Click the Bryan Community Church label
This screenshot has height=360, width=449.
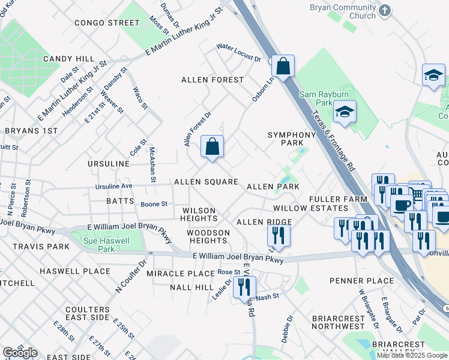click(342, 11)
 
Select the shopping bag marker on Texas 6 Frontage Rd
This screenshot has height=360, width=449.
click(283, 65)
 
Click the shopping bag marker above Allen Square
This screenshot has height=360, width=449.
click(212, 146)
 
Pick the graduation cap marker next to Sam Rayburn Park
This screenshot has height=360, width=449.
click(345, 112)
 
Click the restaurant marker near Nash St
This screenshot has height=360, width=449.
click(244, 287)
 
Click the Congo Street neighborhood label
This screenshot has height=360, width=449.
click(107, 23)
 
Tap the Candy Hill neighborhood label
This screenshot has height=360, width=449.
click(69, 59)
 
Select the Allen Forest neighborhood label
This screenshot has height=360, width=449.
click(212, 79)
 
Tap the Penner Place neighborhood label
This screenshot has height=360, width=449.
click(354, 281)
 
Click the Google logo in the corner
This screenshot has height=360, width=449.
click(20, 353)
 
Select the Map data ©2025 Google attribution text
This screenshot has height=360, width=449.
click(412, 355)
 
